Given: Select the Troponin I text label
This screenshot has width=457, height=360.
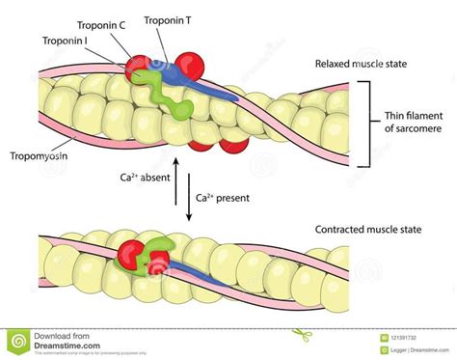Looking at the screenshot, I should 67,42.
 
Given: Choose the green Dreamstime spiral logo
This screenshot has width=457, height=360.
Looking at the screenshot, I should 20,339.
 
